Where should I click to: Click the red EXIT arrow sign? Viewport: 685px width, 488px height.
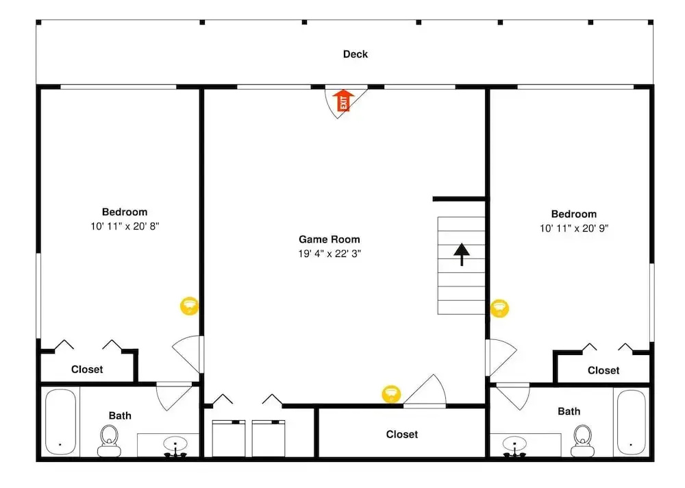click(x=343, y=101)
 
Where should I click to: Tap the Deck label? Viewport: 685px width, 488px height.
click(x=355, y=54)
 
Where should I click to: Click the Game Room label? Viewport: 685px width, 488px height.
click(x=329, y=239)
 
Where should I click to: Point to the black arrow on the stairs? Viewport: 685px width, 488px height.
click(x=461, y=254)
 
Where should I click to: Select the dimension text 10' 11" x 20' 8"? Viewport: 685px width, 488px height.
click(x=125, y=226)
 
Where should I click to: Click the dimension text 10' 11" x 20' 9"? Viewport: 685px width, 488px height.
click(x=574, y=228)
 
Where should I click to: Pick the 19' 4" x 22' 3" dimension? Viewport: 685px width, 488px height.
click(x=329, y=254)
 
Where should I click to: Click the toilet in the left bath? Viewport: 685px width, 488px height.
click(x=109, y=441)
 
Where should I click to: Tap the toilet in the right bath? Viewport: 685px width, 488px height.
click(x=582, y=441)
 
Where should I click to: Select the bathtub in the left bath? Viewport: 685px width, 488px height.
click(x=61, y=422)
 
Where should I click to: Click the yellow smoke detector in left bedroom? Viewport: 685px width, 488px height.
click(x=189, y=306)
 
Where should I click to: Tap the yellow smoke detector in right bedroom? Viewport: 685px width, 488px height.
click(x=499, y=308)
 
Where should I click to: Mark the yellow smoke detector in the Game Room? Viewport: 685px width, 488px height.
click(x=391, y=394)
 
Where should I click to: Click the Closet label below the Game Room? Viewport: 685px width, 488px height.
click(x=402, y=435)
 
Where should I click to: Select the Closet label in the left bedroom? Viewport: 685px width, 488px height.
click(x=87, y=369)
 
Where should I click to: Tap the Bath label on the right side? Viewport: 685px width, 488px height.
click(x=569, y=411)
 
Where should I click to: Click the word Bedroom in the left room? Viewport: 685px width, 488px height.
click(x=125, y=212)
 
